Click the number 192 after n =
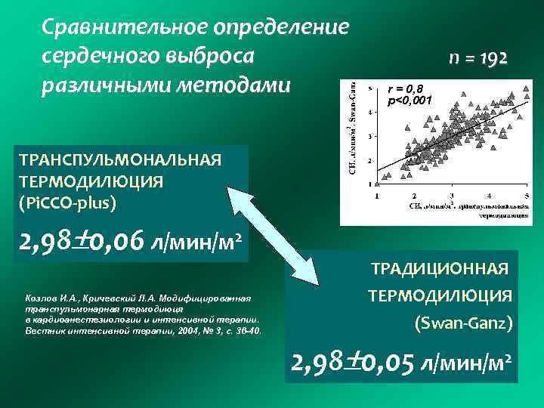pyautogui.click(x=496, y=58)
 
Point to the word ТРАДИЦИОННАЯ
pyautogui.click(x=439, y=268)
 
